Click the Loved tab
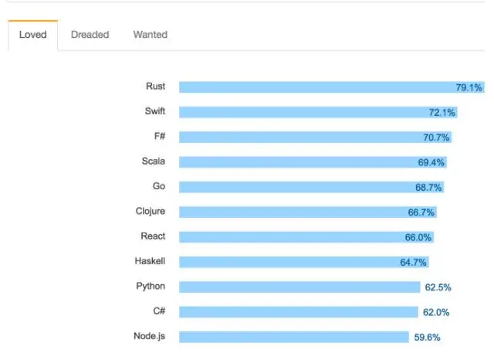pos(32,35)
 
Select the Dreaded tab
pos(90,35)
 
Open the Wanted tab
pos(151,35)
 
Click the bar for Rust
pos(332,87)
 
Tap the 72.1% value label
pos(442,113)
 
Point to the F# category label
pos(160,136)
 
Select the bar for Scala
pos(313,162)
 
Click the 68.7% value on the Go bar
pos(428,187)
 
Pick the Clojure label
pos(151,211)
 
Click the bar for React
pos(306,237)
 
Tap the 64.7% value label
pos(413,263)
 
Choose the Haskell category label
pos(150,261)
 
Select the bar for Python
pos(299,287)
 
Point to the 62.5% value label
pos(438,287)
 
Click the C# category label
pos(159,311)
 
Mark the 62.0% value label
pos(436,312)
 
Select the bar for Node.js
pos(294,337)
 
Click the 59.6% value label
pos(427,338)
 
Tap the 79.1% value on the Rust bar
pos(469,87)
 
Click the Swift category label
pos(155,111)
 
